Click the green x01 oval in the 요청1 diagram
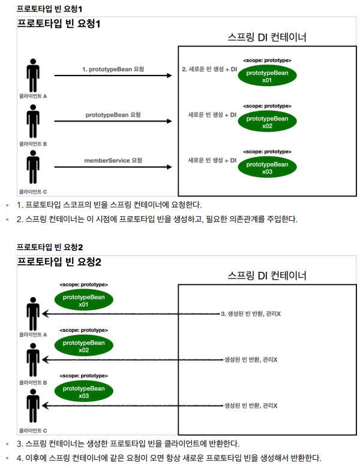267,76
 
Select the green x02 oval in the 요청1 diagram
267,122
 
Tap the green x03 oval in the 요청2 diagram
83,392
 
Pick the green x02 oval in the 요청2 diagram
83,346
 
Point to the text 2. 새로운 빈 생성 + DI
209,69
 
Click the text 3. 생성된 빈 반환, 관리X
251,313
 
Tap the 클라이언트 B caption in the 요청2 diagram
33,381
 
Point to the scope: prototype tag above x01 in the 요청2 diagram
83,284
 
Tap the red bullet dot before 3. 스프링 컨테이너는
7,444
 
